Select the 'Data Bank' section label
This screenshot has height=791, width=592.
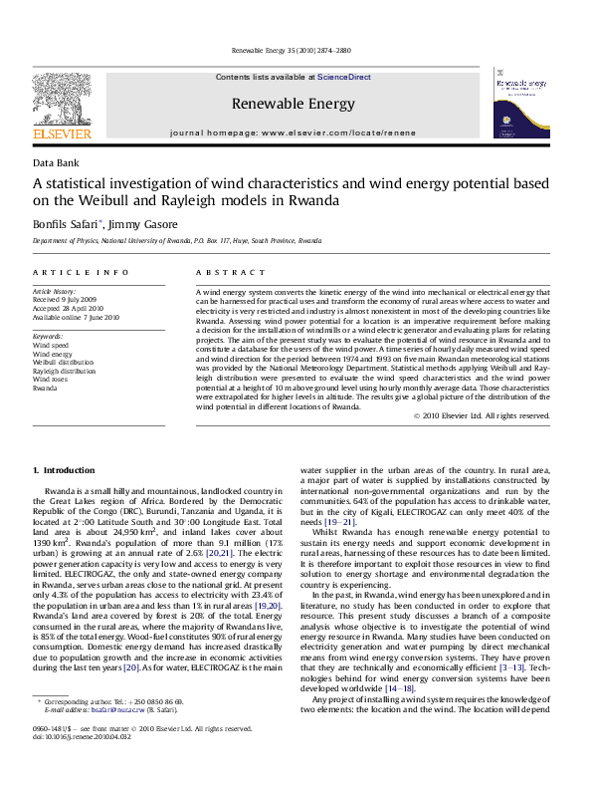coord(56,162)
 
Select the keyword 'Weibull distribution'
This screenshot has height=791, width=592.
coord(64,362)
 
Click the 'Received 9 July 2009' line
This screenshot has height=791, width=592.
coord(65,299)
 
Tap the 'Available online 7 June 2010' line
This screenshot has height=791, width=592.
coord(76,317)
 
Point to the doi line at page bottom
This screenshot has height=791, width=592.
coord(76,765)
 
